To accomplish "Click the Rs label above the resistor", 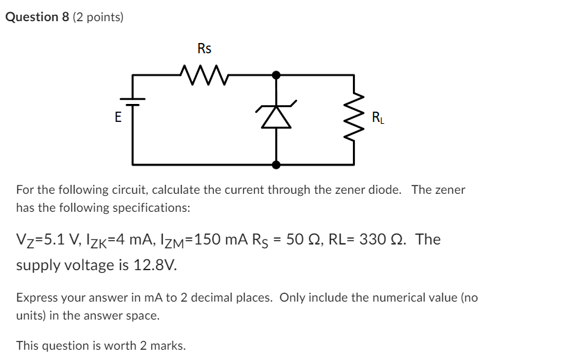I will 204,49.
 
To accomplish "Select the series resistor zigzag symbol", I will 204,75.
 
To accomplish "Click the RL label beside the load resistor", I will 379,117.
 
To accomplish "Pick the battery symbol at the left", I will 133,101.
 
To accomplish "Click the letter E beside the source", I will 117,117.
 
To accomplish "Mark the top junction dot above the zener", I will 277,75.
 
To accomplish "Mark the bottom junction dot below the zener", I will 277,165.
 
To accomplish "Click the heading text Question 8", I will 37,17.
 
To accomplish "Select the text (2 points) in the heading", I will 98,17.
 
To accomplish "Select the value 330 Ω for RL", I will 380,239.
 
